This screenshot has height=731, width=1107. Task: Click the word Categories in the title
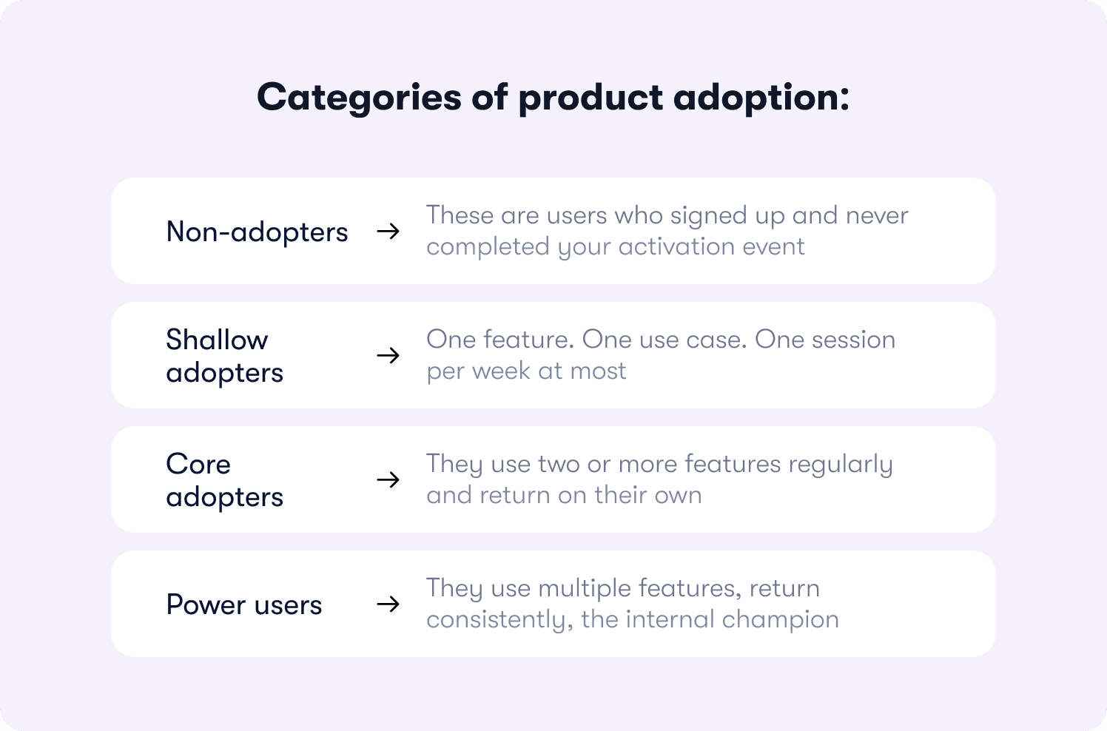(x=360, y=98)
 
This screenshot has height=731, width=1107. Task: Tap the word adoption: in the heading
(x=761, y=98)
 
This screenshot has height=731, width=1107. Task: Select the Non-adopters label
(x=257, y=232)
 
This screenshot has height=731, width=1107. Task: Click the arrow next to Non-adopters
(x=388, y=231)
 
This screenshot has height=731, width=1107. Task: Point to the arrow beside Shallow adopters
(x=388, y=355)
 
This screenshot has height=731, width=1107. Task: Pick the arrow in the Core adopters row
(x=388, y=479)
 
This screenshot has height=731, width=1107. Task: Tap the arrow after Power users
(x=388, y=604)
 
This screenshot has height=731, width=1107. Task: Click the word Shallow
(x=217, y=340)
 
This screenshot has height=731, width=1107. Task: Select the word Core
(x=198, y=464)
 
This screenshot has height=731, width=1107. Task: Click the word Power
(x=206, y=604)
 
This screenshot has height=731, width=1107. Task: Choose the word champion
(x=781, y=620)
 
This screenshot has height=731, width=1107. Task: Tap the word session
(x=853, y=340)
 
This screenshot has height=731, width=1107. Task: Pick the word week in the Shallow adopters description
(x=501, y=371)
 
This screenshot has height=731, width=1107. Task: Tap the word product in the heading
(x=590, y=98)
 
